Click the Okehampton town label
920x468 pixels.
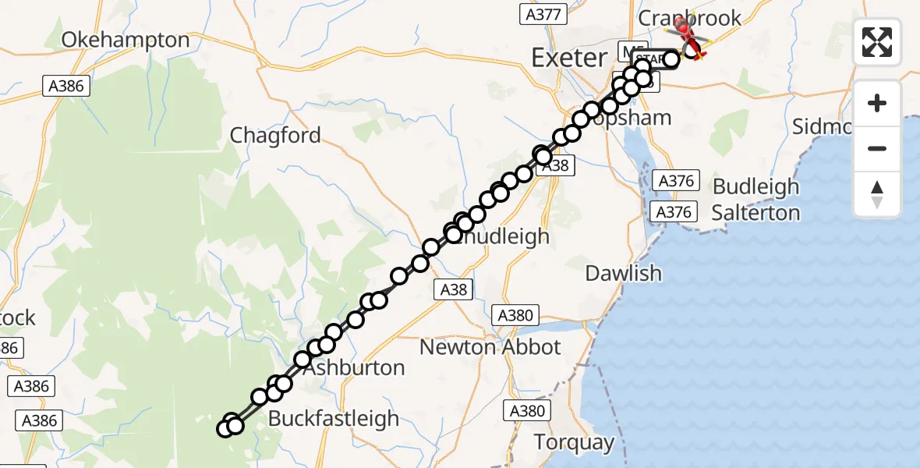pos(126,40)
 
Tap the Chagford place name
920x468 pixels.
pos(275,136)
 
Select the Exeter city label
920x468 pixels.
pos(568,57)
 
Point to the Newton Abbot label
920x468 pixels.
pos(490,347)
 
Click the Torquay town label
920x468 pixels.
pos(574,442)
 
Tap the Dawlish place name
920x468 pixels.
pos(623,273)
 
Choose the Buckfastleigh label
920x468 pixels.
pos(333,418)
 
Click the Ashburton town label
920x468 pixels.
pos(354,367)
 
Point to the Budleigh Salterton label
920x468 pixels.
pos(756,200)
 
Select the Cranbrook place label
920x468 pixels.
pos(689,18)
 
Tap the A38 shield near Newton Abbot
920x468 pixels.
pos(453,290)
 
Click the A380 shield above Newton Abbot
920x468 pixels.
pos(515,315)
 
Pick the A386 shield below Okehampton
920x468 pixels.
pos(65,86)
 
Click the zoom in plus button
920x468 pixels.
pos(877,103)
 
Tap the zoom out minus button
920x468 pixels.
pos(877,148)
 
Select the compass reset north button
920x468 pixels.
pos(877,194)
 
